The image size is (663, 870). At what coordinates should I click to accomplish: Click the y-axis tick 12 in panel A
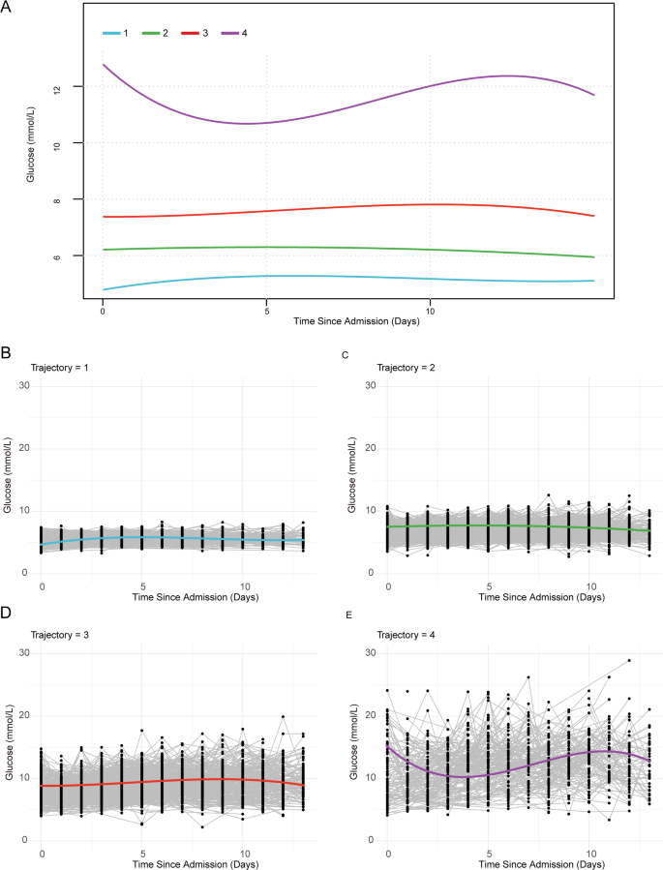(x=84, y=88)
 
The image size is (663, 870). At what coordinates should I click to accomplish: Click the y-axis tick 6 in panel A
(x=84, y=255)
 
